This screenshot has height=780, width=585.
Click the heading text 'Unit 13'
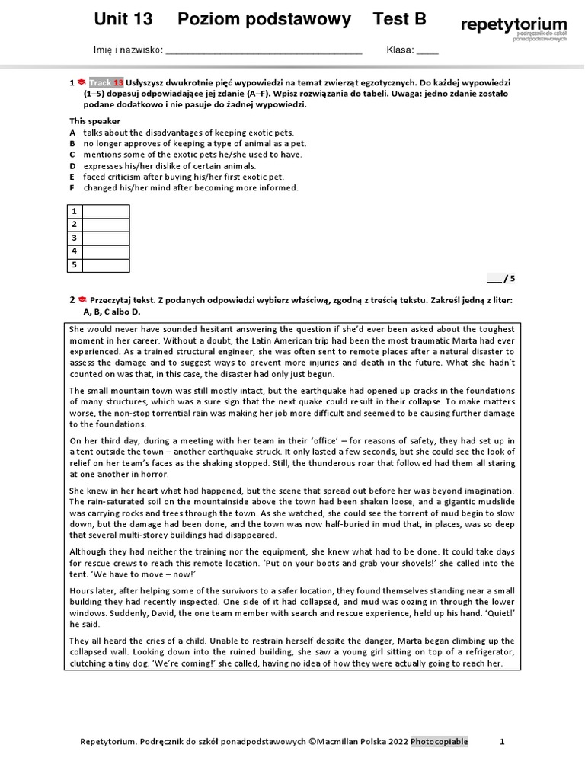point(123,20)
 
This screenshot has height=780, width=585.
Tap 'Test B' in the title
point(400,20)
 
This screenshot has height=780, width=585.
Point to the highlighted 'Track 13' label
point(106,82)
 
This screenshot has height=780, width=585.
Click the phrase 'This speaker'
point(95,121)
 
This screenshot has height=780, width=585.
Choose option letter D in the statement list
point(73,165)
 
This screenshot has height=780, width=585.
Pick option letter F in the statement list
point(73,187)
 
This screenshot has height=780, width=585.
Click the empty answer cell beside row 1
point(106,211)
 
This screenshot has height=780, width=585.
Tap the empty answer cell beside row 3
point(106,238)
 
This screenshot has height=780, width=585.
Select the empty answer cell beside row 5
point(106,265)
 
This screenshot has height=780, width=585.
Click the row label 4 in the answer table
point(75,251)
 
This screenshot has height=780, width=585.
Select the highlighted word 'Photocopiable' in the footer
point(440,741)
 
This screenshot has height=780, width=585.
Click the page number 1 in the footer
point(502,741)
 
